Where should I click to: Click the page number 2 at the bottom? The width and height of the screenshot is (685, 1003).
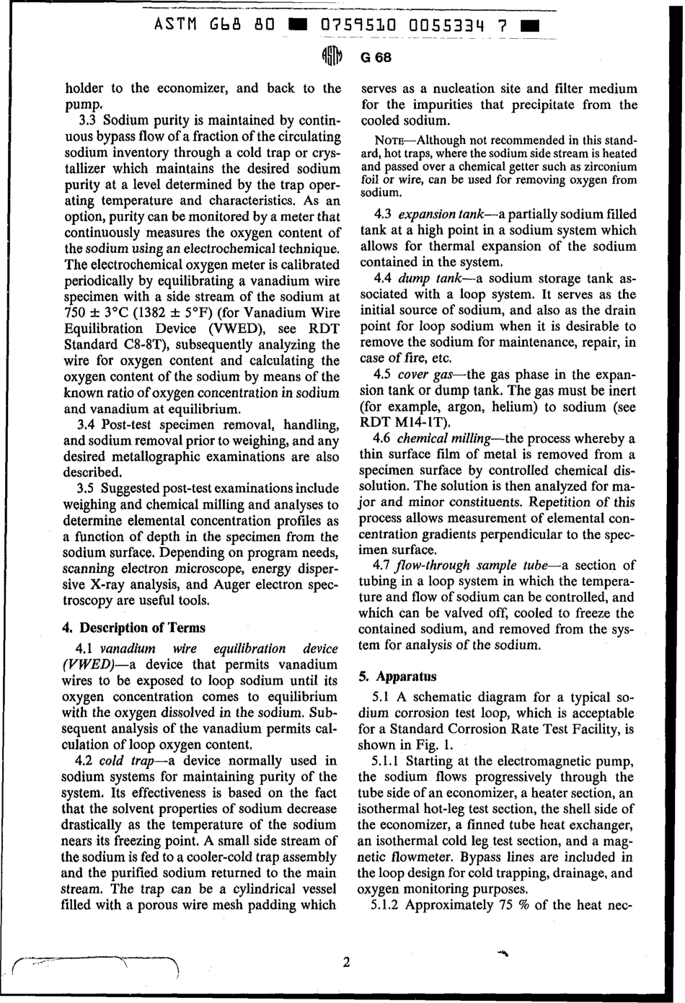346,963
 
